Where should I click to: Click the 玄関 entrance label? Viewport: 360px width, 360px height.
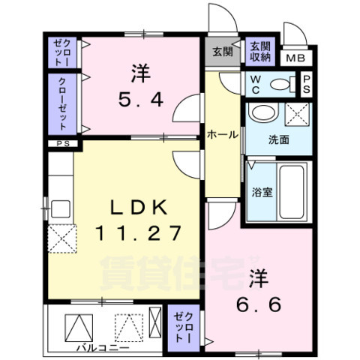point(222,52)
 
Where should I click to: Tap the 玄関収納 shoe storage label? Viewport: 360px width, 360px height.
point(260,50)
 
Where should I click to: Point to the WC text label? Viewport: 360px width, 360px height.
point(254,84)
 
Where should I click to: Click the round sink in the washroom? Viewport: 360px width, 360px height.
point(262,114)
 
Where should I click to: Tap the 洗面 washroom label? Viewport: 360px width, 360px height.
point(279,139)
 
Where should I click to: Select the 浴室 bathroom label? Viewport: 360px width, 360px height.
point(262,191)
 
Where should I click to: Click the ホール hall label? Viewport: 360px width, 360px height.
point(223,135)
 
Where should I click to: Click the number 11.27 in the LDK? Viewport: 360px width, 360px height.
point(138,232)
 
